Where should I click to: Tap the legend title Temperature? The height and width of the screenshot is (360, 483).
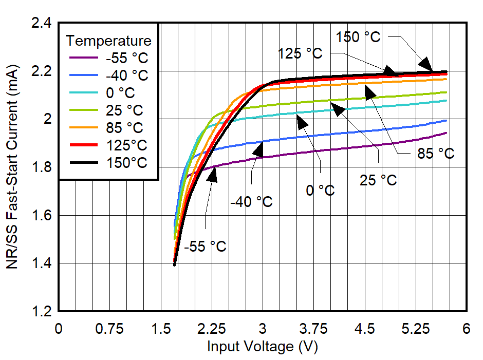109,41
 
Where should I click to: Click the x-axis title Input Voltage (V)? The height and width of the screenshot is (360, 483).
263,347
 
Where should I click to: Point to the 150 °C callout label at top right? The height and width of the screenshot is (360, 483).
358,37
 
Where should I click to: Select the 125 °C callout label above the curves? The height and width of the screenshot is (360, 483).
301,53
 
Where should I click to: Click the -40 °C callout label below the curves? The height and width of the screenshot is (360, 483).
251,202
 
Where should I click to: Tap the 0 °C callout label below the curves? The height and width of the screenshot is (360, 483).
320,191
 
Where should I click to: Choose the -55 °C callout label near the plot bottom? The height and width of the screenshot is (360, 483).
205,247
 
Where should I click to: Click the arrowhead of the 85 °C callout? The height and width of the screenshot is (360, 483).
369,90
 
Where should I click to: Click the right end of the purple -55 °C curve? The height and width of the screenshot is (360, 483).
447,133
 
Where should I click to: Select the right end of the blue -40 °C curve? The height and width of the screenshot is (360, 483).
447,120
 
